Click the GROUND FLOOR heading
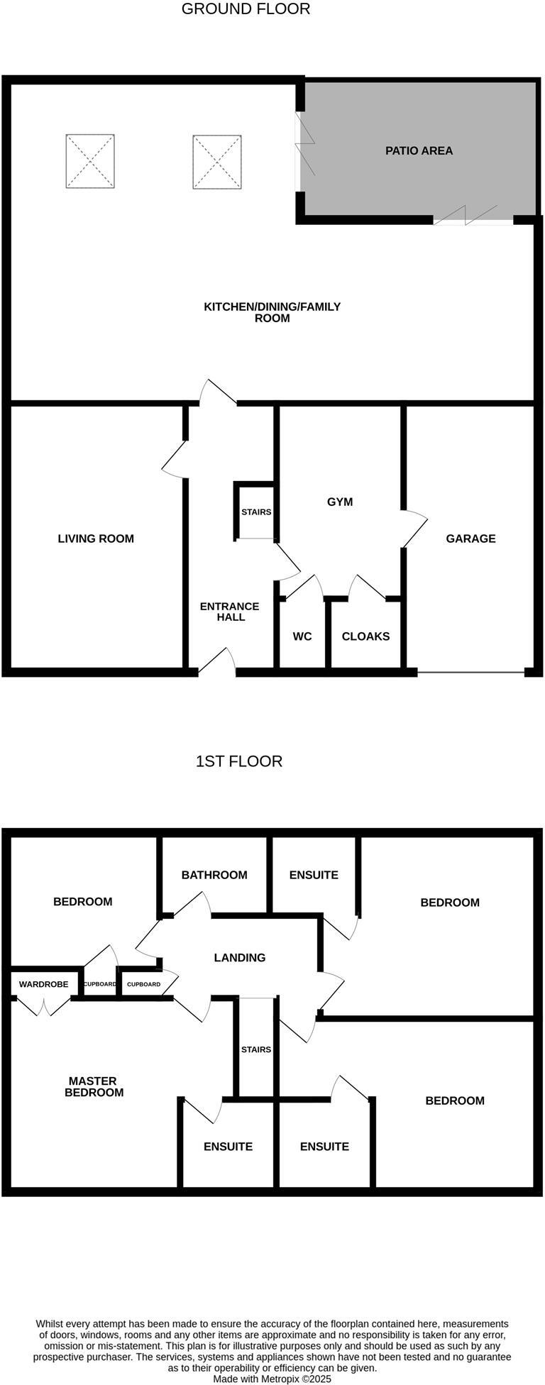246,9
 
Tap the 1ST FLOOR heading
238,761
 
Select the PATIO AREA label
419,150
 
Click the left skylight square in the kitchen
90,161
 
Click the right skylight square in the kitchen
216,162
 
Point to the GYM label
340,502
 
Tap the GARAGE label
470,539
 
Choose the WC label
302,636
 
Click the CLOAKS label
365,636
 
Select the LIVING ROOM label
96,539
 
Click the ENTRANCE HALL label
229,612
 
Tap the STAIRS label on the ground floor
256,512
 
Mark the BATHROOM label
214,875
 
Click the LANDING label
240,958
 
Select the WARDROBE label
44,984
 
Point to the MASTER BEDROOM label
94,1086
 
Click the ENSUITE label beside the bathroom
314,875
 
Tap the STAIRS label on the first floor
256,1049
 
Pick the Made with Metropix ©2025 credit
272,1379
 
